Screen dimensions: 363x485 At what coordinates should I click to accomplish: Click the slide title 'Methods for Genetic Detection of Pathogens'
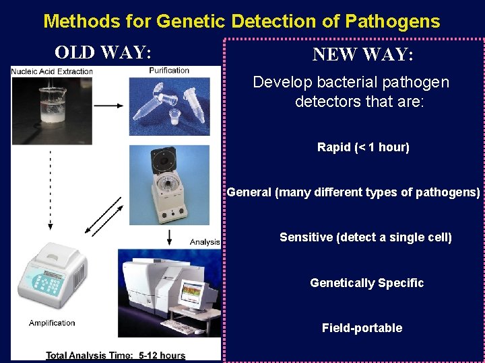tap(241, 21)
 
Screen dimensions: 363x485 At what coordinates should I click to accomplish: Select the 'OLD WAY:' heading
tap(102, 52)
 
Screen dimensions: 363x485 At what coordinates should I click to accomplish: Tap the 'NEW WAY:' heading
tap(362, 54)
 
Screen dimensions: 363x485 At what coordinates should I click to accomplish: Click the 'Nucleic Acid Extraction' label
tap(52, 71)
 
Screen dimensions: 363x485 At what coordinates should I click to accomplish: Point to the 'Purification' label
tap(169, 70)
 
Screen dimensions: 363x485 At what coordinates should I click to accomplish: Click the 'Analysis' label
tap(205, 242)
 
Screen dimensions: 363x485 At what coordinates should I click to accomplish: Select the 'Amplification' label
tap(52, 323)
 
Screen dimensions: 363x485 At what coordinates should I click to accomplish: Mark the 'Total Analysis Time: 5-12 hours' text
tap(115, 355)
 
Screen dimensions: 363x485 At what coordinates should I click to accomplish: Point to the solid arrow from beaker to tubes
tap(108, 106)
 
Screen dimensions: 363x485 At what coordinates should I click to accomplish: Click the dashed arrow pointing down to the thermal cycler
tap(51, 192)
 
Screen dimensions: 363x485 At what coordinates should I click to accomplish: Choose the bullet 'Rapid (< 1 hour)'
tap(363, 147)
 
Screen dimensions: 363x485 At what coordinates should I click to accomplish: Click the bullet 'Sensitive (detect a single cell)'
tap(365, 237)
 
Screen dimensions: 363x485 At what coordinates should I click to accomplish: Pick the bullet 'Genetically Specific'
tap(366, 283)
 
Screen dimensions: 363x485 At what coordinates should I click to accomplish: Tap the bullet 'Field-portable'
tap(362, 328)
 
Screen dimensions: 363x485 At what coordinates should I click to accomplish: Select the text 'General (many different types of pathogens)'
tap(354, 192)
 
